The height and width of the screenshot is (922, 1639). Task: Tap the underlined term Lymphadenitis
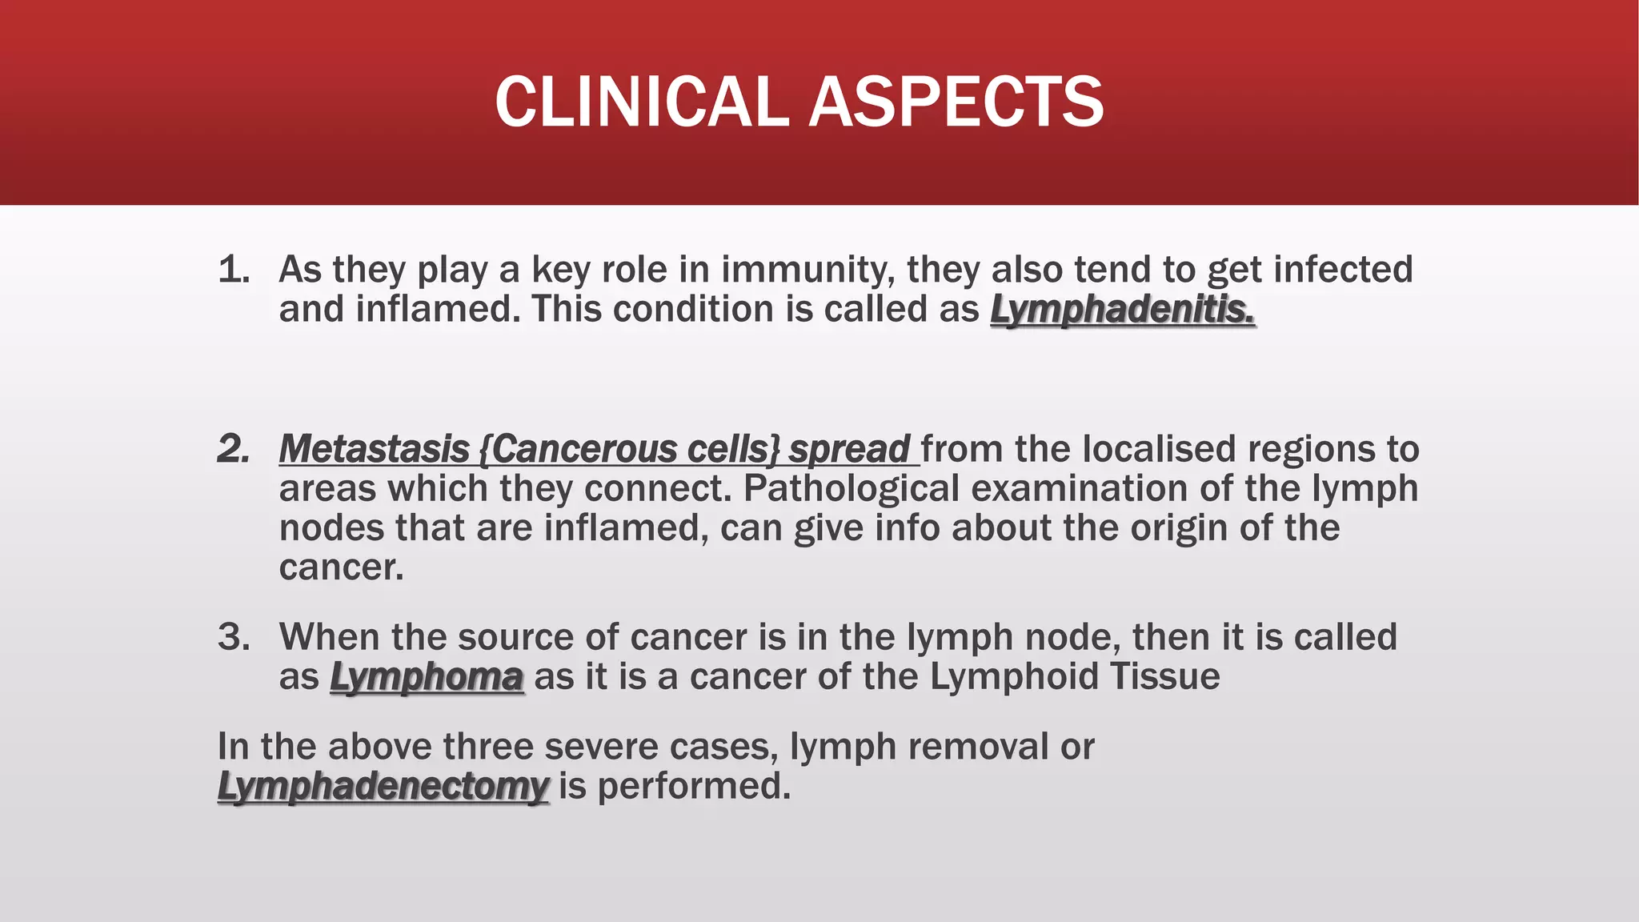(x=1122, y=310)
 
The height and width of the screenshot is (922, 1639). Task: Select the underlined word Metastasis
(x=374, y=449)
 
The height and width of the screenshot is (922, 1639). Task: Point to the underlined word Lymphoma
(x=427, y=677)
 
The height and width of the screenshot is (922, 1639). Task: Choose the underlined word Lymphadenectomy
(x=383, y=786)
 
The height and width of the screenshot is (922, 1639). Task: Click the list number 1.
(x=233, y=270)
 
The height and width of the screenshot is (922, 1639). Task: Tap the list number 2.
(x=233, y=449)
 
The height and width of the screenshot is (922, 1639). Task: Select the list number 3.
(x=234, y=637)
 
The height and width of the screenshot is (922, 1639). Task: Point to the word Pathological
(x=851, y=489)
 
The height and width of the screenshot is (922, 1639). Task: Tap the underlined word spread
(x=849, y=450)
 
